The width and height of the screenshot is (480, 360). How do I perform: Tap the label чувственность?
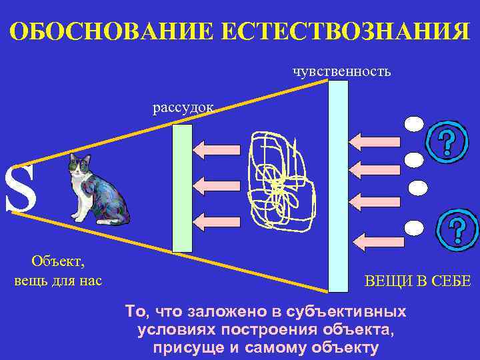pos(341,71)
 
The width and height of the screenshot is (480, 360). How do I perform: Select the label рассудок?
pos(183,107)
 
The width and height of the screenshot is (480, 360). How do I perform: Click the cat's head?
pos(81,165)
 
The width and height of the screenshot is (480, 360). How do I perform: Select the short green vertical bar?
pos(182,188)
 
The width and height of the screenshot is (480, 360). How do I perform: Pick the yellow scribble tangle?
pos(277,180)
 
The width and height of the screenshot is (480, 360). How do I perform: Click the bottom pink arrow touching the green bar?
pos(217,219)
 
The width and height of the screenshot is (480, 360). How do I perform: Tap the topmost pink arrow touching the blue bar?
pos(373,142)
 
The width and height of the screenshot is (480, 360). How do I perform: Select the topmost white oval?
pos(414,124)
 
